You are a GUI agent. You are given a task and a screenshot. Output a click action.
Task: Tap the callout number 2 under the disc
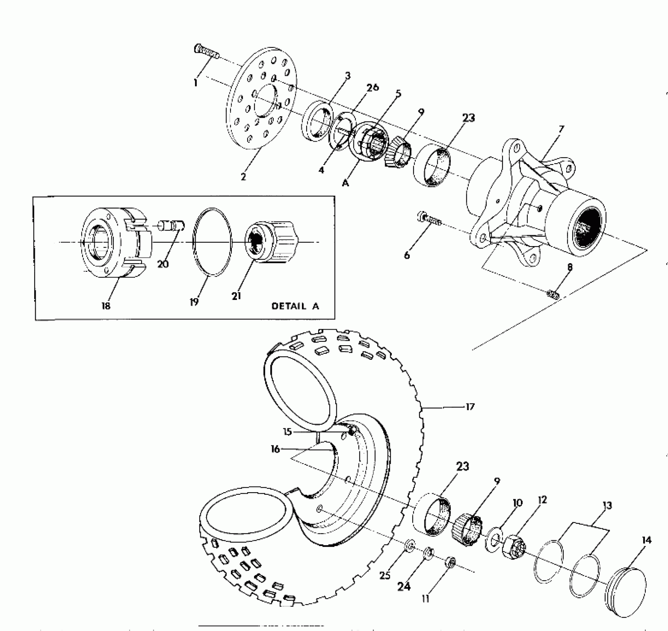point(243,177)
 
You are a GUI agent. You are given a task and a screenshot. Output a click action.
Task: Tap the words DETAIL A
point(295,306)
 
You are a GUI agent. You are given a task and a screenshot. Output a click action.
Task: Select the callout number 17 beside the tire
point(470,407)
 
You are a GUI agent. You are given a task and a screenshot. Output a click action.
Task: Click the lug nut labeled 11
point(450,562)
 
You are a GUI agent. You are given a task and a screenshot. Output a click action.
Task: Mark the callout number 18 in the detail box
point(106,306)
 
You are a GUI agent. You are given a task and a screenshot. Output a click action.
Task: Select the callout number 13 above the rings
point(607,506)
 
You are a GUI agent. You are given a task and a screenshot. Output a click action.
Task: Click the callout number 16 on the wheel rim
point(275,449)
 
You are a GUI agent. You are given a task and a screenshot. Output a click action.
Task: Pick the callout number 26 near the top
point(372,87)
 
